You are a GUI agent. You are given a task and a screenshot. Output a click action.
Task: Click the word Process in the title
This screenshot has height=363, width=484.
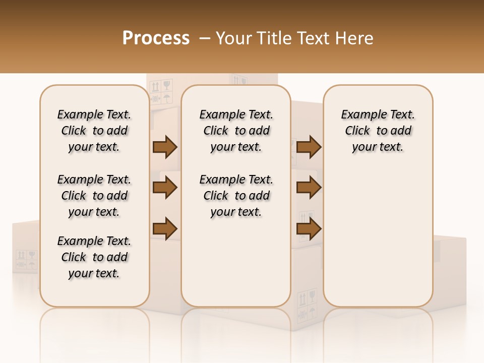point(156,38)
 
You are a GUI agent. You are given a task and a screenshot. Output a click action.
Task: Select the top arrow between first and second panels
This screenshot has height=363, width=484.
point(165,147)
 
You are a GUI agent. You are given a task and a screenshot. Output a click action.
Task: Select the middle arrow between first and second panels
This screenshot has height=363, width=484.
point(165,188)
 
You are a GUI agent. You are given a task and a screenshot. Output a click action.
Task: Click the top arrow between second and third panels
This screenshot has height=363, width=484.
point(309,147)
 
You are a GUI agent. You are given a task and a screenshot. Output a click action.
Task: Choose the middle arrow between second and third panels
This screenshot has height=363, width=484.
point(309,188)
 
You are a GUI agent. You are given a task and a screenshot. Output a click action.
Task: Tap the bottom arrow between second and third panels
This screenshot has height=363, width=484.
point(309,229)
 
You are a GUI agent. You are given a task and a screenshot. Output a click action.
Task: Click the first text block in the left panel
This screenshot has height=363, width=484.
point(94,131)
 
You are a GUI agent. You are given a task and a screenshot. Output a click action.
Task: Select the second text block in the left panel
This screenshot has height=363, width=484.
point(94,196)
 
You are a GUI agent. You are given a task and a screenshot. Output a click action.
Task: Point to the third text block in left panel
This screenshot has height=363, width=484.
point(94,257)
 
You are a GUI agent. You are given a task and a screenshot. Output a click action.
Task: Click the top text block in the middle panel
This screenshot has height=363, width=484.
point(236,131)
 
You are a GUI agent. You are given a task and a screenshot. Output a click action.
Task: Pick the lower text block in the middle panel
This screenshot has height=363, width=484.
point(236,196)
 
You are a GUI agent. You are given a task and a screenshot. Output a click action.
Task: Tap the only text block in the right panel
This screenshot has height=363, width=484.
point(378,131)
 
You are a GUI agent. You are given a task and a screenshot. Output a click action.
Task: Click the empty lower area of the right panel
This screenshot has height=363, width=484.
point(378,237)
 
